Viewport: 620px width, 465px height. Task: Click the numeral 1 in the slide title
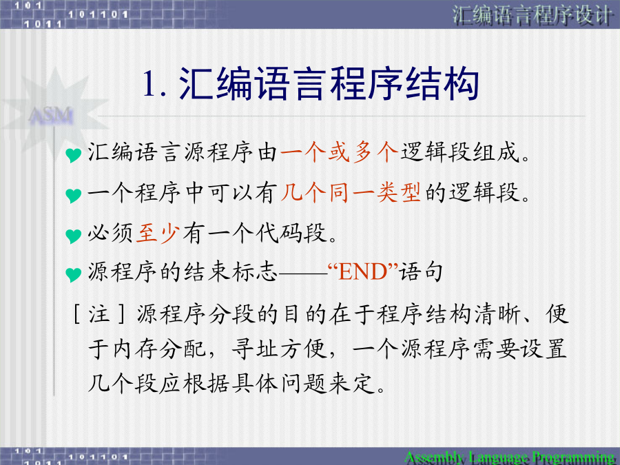pos(149,83)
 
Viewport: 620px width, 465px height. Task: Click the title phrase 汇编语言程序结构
pos(329,83)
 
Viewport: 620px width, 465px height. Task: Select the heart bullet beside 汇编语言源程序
pos(73,154)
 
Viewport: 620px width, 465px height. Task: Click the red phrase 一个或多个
pos(339,152)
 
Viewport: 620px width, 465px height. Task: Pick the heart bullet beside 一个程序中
pos(73,196)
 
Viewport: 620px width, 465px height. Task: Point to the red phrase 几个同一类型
pos(351,193)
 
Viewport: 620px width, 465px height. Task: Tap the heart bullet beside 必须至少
pos(73,236)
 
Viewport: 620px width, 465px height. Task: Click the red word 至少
pos(158,233)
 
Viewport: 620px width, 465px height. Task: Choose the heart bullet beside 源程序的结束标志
pos(73,274)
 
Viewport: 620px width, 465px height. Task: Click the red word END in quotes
pos(362,272)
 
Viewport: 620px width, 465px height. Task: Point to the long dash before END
pos(303,272)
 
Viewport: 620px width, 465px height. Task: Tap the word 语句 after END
pos(421,271)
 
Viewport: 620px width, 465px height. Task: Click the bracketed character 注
pos(99,314)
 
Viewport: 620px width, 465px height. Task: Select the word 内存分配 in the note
pos(159,349)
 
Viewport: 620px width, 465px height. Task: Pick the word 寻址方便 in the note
pos(280,349)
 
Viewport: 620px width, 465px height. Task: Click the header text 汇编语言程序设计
pos(533,16)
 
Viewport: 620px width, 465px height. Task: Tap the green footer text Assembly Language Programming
pos(509,457)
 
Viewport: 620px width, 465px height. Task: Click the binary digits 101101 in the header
pos(98,15)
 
